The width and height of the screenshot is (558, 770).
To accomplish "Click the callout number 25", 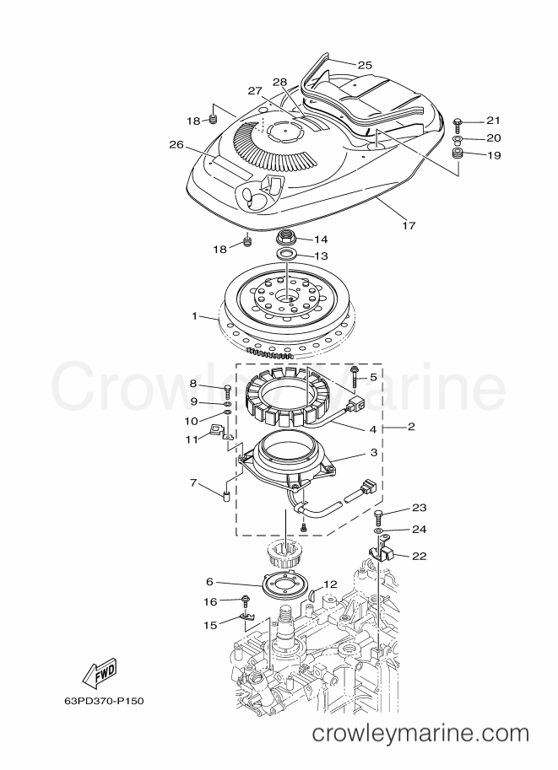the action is click(365, 65).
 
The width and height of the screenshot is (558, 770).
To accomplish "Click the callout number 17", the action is click(409, 225).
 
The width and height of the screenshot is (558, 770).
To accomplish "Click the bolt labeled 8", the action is click(228, 393).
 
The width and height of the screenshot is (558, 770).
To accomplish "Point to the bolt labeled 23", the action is click(378, 517).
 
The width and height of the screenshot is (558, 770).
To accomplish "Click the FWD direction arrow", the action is click(99, 672).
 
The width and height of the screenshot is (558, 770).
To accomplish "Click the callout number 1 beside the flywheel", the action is click(195, 316).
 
